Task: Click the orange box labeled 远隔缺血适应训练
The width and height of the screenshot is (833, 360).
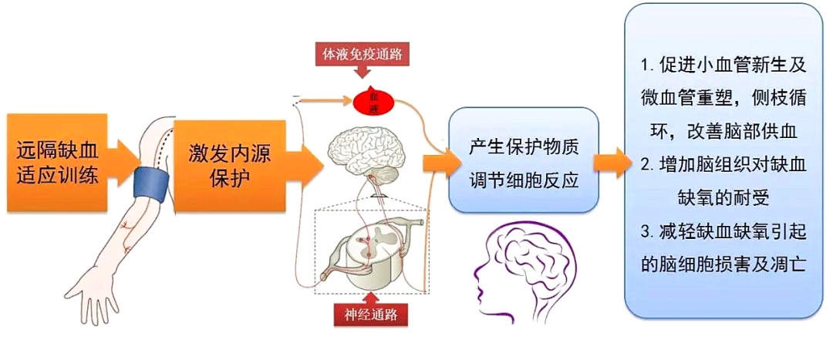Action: (x=58, y=159)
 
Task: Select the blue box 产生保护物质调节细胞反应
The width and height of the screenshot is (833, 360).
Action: (x=524, y=162)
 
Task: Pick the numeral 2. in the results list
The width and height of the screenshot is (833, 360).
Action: (x=648, y=164)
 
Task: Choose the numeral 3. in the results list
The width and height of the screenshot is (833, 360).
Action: (x=648, y=230)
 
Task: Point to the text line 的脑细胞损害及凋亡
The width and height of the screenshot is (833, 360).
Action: (x=723, y=264)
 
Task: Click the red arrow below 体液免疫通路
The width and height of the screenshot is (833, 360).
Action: (x=363, y=72)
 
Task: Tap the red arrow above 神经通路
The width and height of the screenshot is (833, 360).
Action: (x=371, y=297)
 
